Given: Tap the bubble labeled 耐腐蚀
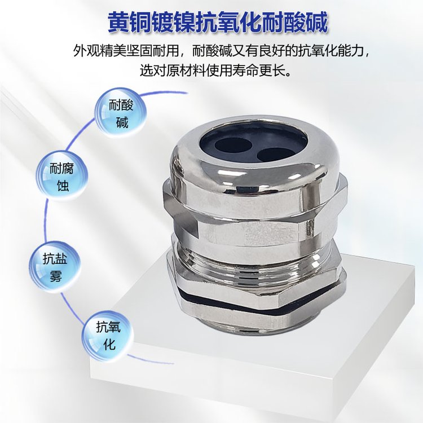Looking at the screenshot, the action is [x=61, y=177].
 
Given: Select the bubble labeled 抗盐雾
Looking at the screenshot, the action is [x=55, y=267].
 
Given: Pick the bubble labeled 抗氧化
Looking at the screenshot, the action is [x=108, y=336].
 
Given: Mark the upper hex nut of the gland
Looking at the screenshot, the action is [x=254, y=213].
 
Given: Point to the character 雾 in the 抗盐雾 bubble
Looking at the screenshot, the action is [x=56, y=276].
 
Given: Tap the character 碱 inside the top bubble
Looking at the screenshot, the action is [x=122, y=122].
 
